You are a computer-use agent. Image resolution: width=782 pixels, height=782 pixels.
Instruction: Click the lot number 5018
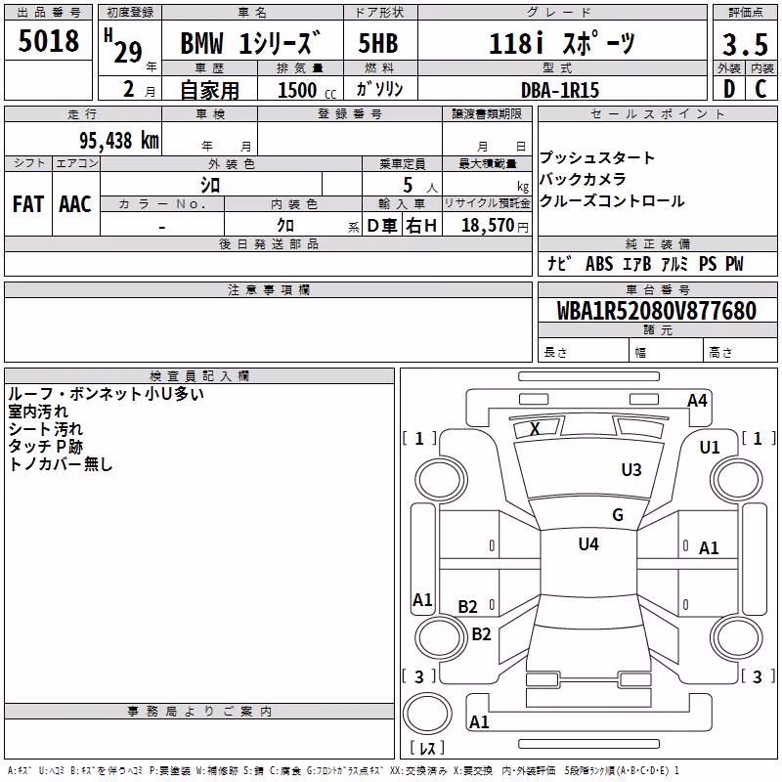tap(48, 41)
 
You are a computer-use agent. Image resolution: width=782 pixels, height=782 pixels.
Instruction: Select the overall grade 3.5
tap(745, 44)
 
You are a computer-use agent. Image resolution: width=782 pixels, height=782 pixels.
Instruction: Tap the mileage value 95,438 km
tap(119, 141)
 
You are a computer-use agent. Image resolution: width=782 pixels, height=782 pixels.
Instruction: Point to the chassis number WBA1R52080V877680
tap(656, 311)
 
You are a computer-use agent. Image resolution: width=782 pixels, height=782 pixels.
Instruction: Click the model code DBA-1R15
tap(560, 90)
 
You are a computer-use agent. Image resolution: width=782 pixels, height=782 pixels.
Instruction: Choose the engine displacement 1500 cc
tap(307, 90)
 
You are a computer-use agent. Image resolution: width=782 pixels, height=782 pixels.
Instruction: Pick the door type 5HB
tap(378, 43)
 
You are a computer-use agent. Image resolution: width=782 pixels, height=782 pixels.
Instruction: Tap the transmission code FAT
tap(28, 204)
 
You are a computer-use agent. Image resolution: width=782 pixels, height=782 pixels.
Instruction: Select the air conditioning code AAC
tap(75, 204)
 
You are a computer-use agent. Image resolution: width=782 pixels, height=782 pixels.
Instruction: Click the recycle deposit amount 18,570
tap(488, 226)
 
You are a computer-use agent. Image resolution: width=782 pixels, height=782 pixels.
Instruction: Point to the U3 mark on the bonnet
tap(631, 469)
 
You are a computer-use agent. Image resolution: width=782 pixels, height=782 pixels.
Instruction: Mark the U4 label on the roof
tap(588, 543)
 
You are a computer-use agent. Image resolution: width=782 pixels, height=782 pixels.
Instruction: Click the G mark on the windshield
tap(618, 514)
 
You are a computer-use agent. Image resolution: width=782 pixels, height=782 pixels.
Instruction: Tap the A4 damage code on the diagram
tap(697, 401)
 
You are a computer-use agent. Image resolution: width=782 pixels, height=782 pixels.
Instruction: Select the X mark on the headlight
tap(535, 428)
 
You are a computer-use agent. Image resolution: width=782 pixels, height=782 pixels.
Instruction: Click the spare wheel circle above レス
tap(427, 714)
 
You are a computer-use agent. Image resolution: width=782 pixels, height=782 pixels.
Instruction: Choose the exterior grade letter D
tap(729, 89)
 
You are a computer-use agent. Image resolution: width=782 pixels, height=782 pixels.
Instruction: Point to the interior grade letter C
tap(760, 89)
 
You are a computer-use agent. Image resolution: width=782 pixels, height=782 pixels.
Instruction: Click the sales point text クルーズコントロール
tap(612, 201)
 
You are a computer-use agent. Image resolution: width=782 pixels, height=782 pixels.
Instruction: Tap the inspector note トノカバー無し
tap(61, 464)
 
